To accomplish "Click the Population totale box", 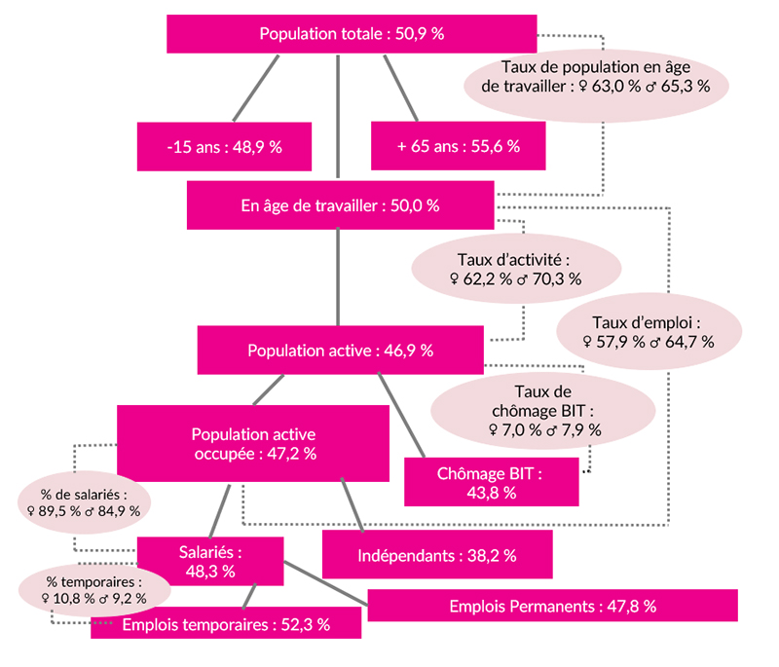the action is (352, 34).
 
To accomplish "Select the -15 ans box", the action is (225, 146).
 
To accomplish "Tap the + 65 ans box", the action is (458, 146).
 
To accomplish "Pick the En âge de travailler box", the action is (340, 205).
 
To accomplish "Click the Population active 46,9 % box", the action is (340, 351).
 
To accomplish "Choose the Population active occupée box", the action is (253, 443).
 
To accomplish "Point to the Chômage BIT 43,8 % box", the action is (492, 482).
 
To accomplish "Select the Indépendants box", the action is (437, 555).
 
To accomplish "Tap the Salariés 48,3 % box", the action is (210, 561).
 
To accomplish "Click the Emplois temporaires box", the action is (226, 623).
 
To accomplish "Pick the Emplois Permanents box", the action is (552, 606).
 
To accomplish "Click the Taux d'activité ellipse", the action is (516, 269).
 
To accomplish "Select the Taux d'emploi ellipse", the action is (649, 331).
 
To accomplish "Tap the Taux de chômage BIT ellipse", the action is (543, 411).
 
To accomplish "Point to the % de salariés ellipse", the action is (84, 502).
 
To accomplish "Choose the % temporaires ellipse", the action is (94, 590).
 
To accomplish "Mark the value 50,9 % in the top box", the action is (420, 34).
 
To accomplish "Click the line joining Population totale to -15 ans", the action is (256, 88).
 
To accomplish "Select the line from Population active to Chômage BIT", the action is (401, 415).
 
